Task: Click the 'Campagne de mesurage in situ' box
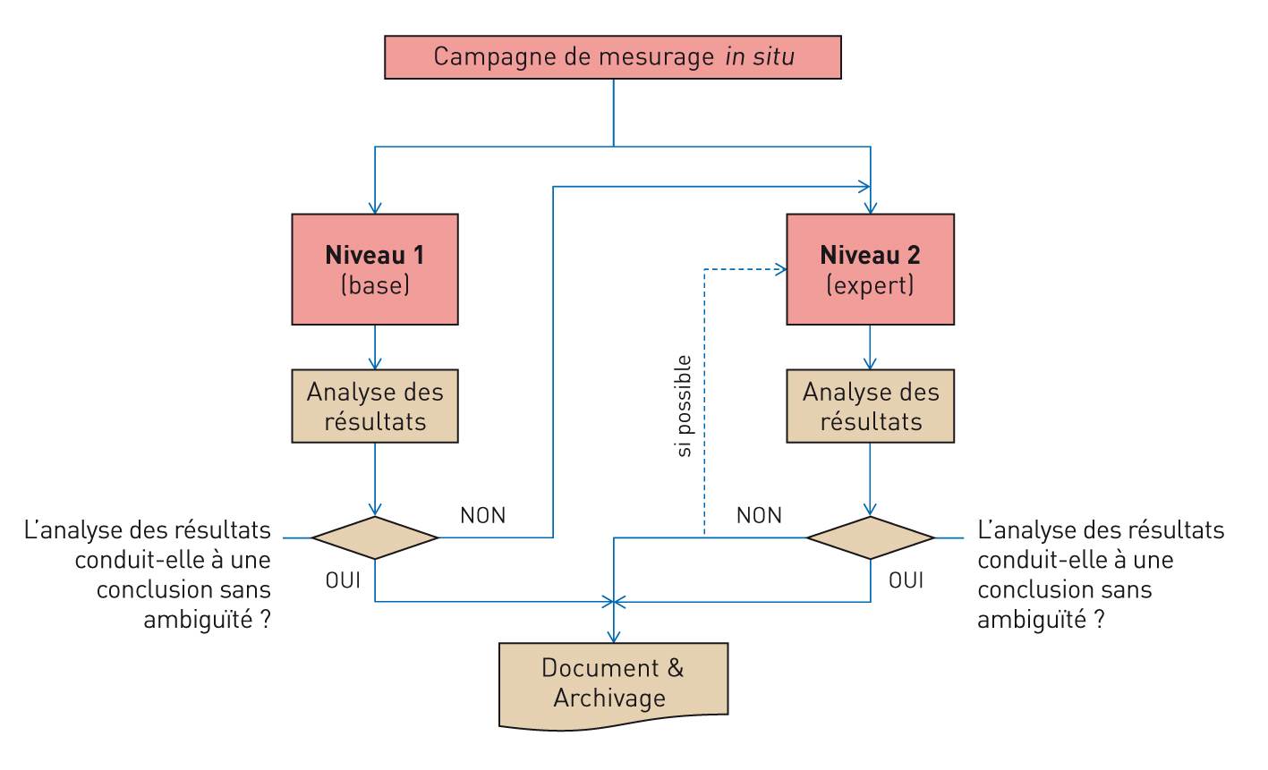point(613,57)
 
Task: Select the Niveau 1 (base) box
point(375,268)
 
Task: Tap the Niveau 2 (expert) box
point(870,268)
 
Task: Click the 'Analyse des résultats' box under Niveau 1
point(375,406)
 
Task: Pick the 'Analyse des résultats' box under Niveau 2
point(870,406)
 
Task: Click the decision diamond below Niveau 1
point(375,537)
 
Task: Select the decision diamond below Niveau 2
point(870,537)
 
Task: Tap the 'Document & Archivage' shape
point(613,684)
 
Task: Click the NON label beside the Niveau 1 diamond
point(483,516)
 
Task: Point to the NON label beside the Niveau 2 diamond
point(759,516)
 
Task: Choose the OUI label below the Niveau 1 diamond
point(343,580)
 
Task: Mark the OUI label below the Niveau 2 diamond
point(906,580)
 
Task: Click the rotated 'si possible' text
point(685,406)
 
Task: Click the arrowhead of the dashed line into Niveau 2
point(781,269)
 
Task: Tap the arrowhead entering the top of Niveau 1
point(375,208)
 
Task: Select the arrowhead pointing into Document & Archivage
point(613,637)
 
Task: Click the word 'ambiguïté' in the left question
point(199,620)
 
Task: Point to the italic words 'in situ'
point(760,57)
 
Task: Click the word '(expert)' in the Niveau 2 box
point(870,285)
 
